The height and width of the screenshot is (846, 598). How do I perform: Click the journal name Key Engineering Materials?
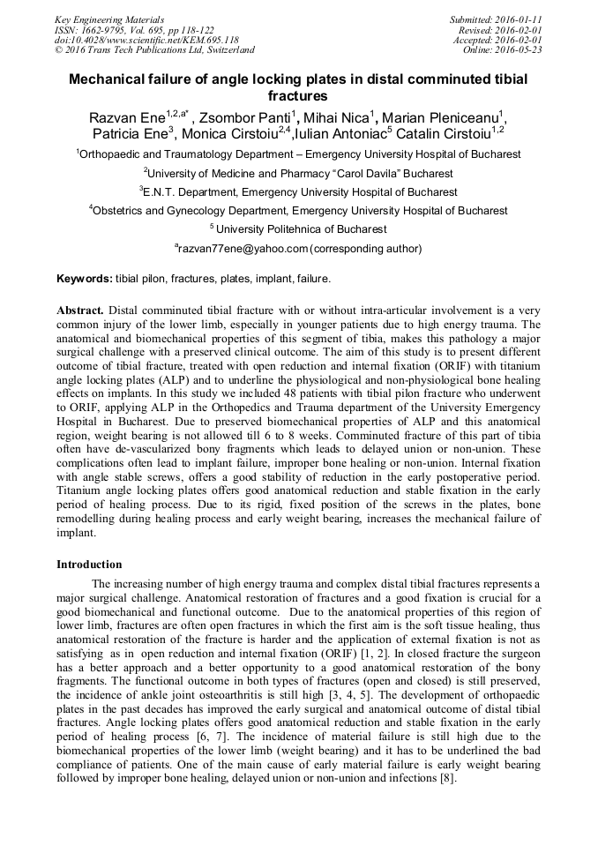pyautogui.click(x=109, y=19)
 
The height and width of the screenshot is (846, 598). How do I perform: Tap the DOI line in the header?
pyautogui.click(x=146, y=40)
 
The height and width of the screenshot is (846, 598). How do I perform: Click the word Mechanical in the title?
pyautogui.click(x=109, y=79)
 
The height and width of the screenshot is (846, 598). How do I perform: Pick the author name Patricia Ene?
pyautogui.click(x=132, y=134)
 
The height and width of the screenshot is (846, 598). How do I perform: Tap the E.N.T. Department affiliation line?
pyautogui.click(x=298, y=191)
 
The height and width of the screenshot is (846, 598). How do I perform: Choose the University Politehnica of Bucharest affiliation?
pyautogui.click(x=300, y=229)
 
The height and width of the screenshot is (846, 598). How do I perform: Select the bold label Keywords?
pyautogui.click(x=85, y=279)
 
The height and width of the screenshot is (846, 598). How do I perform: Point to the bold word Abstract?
pyautogui.click(x=81, y=311)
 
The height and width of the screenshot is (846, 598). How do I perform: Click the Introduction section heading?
pyautogui.click(x=89, y=564)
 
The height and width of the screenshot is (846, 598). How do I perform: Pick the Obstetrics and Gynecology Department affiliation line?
pyautogui.click(x=298, y=211)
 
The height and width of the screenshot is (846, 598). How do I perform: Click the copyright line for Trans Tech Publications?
pyautogui.click(x=154, y=50)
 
